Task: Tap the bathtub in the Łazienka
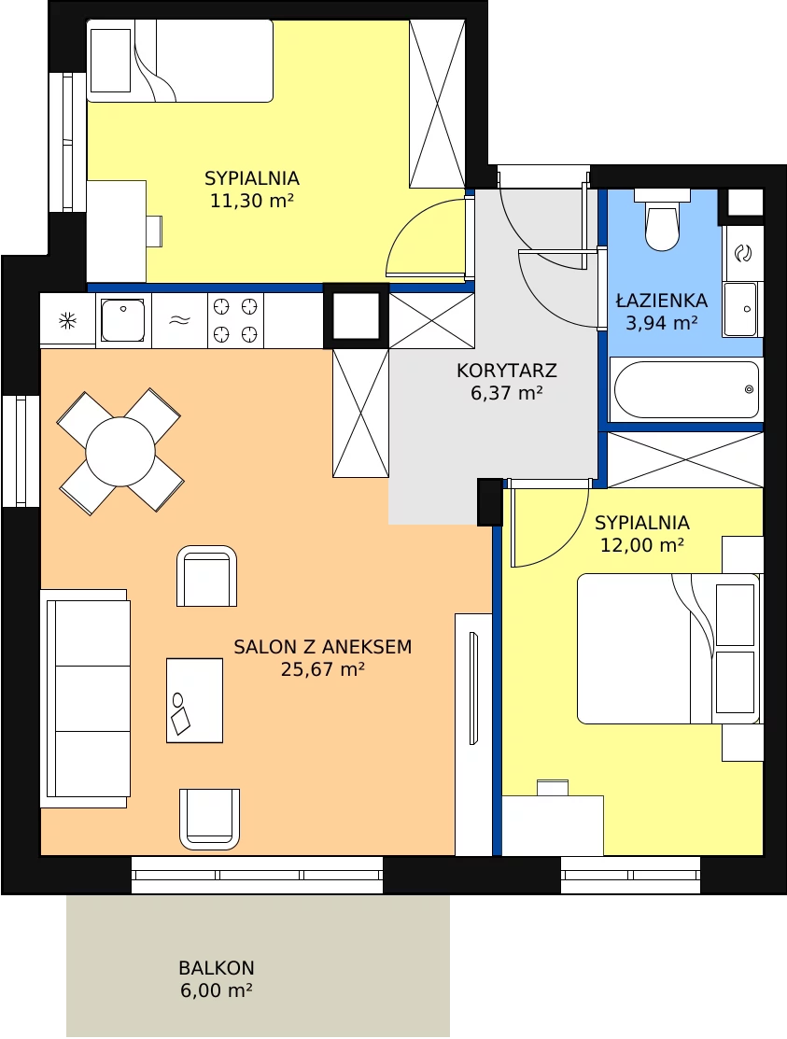click(686, 389)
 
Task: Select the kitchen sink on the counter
click(122, 320)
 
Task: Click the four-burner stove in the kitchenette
click(235, 320)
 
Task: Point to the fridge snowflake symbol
click(67, 321)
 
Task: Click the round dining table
click(120, 451)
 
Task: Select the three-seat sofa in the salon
click(85, 698)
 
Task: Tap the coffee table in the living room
click(194, 700)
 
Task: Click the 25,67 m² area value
click(323, 669)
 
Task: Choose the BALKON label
click(217, 967)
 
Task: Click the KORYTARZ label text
click(507, 371)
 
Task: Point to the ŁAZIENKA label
click(662, 301)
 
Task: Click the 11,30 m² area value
click(252, 200)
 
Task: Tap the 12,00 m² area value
click(642, 544)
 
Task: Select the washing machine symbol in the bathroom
click(743, 252)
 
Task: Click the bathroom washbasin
click(740, 309)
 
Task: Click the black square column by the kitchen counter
click(356, 316)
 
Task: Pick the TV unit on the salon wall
click(473, 734)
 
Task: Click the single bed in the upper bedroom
click(180, 61)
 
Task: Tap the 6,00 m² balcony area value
click(216, 990)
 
